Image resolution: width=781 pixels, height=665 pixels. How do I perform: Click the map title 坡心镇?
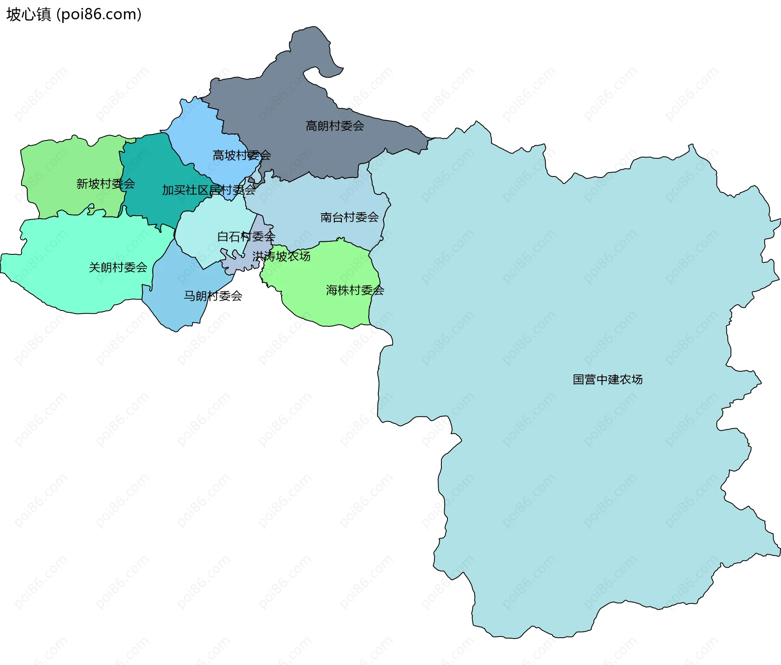(x=28, y=15)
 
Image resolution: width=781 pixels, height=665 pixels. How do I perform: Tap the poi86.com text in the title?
(x=99, y=15)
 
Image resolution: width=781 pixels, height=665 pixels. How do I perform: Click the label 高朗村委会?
(x=335, y=126)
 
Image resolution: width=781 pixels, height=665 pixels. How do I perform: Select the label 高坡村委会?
(x=242, y=155)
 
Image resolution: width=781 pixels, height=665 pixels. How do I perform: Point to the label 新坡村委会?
(x=105, y=184)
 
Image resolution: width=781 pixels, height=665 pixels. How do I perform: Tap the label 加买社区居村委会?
(x=209, y=190)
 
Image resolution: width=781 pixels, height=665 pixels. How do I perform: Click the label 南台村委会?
(x=349, y=217)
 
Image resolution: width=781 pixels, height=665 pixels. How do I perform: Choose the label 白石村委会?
(x=246, y=236)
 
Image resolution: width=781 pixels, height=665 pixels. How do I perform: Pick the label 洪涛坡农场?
(x=281, y=256)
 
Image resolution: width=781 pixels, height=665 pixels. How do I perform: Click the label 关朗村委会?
(x=118, y=267)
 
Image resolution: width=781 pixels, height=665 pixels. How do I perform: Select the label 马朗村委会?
(x=213, y=296)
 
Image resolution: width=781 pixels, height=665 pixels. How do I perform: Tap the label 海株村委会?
(x=355, y=290)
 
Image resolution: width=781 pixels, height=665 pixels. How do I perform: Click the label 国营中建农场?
(x=608, y=379)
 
